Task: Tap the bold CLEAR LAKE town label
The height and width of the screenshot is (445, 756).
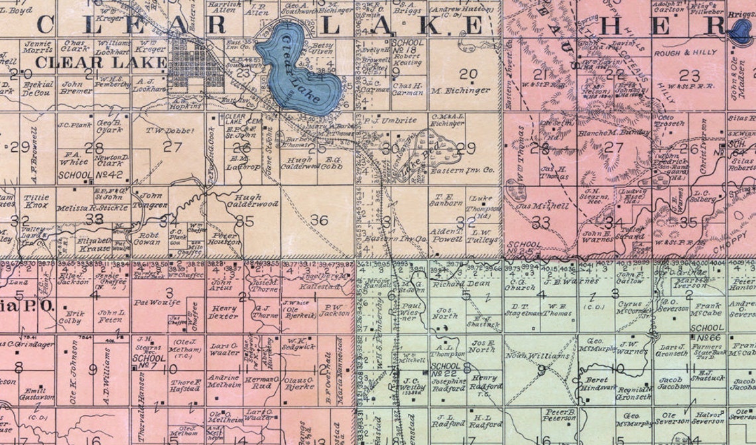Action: click(x=101, y=62)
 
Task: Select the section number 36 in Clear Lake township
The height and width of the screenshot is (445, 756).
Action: click(x=319, y=221)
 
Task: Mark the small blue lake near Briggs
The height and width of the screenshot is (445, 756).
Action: click(x=740, y=31)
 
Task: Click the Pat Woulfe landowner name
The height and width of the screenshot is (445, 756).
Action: click(x=157, y=302)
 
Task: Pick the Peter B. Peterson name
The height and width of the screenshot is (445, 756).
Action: click(x=558, y=414)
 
